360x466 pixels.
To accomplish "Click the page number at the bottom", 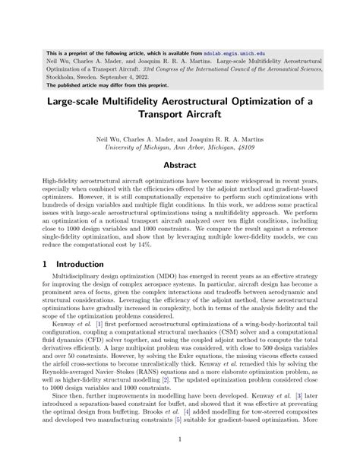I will click(179, 460).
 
